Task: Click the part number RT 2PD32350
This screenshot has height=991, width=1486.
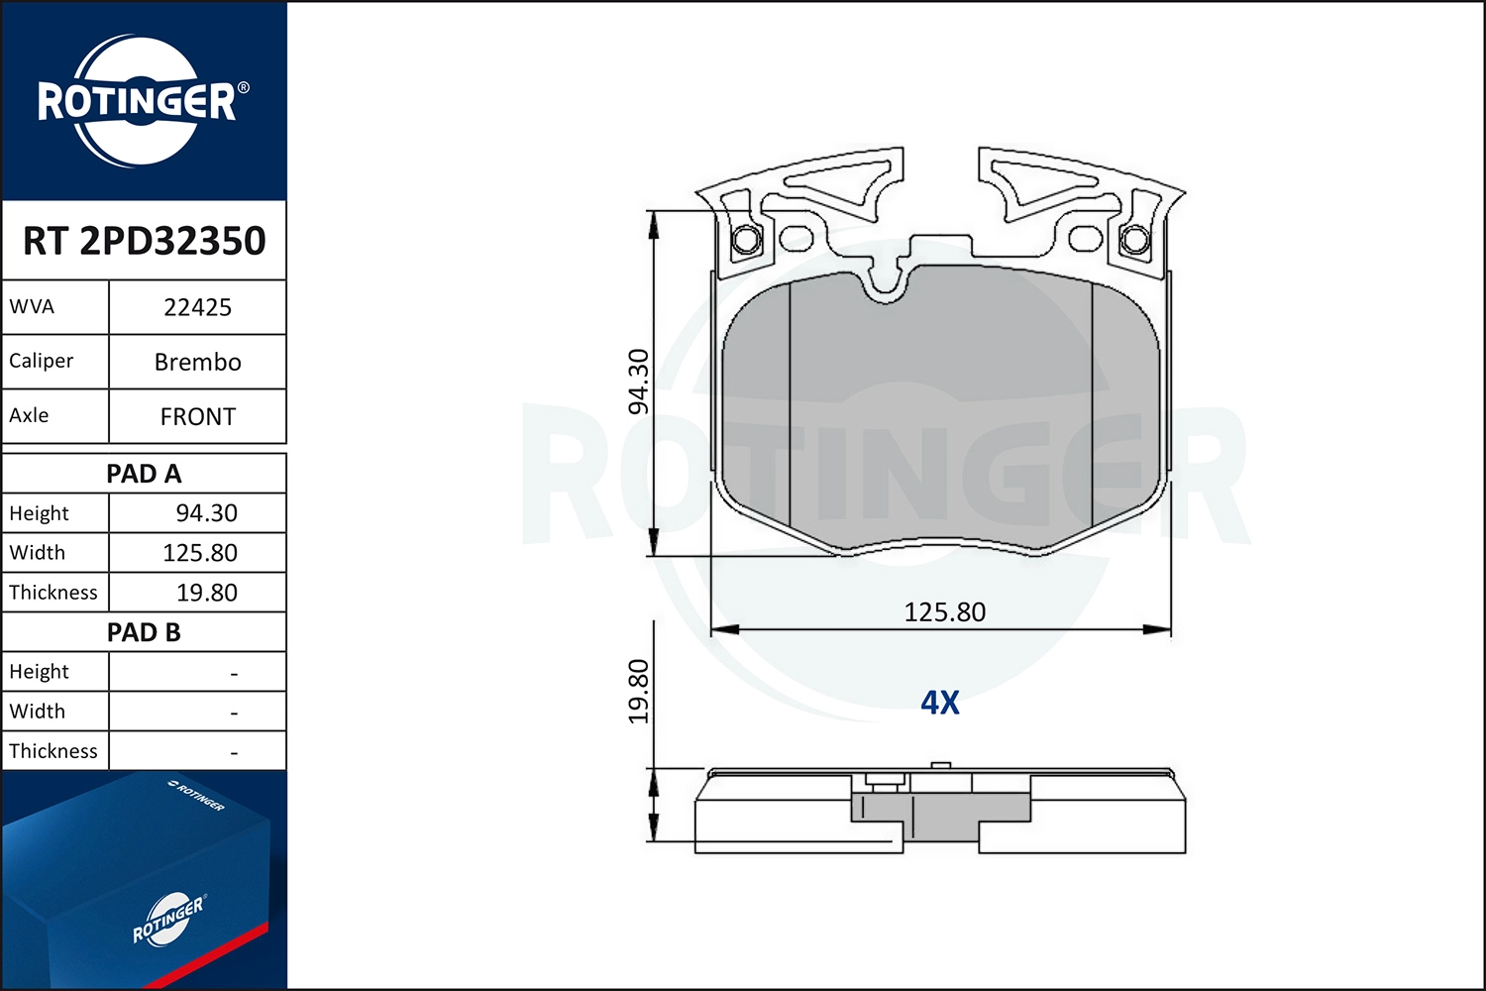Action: pos(145,241)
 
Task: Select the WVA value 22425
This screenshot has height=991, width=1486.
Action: pos(197,307)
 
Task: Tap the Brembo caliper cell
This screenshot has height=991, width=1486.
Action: pos(197,362)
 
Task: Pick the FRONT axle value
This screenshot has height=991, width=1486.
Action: pos(197,416)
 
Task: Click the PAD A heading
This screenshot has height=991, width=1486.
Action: pos(144,474)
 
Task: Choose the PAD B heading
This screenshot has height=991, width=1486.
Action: pos(144,632)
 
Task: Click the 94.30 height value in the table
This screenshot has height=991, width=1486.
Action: pos(206,513)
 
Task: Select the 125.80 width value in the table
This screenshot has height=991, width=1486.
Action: pos(200,553)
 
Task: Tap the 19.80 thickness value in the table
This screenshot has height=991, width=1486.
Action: pos(206,593)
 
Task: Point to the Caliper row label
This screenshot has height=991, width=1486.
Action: pos(42,361)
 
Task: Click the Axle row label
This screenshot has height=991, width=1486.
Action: pos(29,415)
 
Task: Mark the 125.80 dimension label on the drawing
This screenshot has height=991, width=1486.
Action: pos(944,612)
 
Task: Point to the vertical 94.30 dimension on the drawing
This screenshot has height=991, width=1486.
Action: pos(639,382)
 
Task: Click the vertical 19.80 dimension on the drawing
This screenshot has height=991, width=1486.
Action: pos(639,691)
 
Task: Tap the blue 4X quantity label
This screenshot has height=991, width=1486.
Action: pos(940,703)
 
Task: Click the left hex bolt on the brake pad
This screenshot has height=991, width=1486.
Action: pos(746,240)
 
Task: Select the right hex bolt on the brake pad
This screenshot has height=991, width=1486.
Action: pos(1134,240)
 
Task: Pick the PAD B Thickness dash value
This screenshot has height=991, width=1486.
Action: pos(234,752)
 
